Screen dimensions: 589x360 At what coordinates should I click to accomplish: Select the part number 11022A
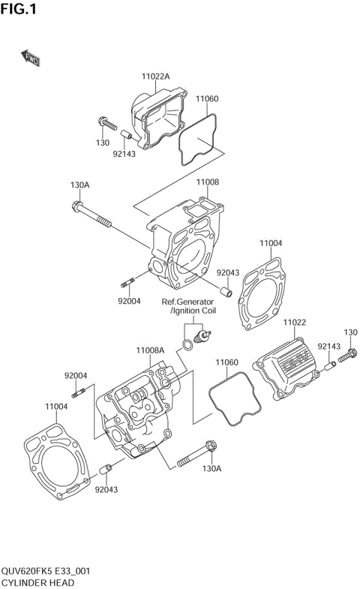coord(155,77)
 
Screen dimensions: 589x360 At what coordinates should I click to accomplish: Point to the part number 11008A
coord(150,350)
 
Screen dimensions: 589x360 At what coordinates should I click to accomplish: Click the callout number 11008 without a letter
coord(208,182)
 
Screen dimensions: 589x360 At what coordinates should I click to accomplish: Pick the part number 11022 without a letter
coord(295,322)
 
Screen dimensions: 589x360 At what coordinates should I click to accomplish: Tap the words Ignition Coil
coord(193,311)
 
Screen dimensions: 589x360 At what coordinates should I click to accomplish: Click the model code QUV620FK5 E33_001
coord(46,571)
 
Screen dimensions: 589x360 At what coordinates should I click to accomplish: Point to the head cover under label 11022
coord(288,368)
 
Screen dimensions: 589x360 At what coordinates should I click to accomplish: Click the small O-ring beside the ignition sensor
coord(184,344)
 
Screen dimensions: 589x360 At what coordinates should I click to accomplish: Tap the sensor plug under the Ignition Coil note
coord(200,335)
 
